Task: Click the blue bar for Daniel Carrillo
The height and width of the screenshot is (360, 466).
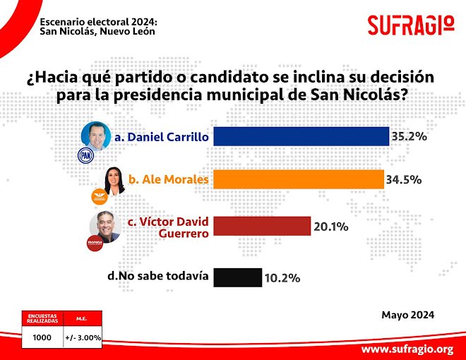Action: coord(301,136)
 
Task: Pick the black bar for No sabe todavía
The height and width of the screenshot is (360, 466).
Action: coord(237,277)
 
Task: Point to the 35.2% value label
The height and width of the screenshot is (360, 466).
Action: coord(410,136)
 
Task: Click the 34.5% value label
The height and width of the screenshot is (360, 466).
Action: coord(404,180)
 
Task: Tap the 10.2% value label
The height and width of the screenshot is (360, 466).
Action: coord(282,277)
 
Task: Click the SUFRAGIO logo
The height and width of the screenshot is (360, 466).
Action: coord(410,25)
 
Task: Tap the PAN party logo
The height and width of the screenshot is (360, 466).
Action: coord(85,155)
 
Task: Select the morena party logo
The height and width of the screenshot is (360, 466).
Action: coord(94,244)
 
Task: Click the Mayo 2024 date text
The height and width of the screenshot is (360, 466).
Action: coord(407,315)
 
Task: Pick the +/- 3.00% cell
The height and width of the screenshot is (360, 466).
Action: coord(83,337)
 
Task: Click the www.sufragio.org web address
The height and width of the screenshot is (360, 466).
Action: coord(407,349)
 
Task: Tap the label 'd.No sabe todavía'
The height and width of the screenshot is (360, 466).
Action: coord(157,276)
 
